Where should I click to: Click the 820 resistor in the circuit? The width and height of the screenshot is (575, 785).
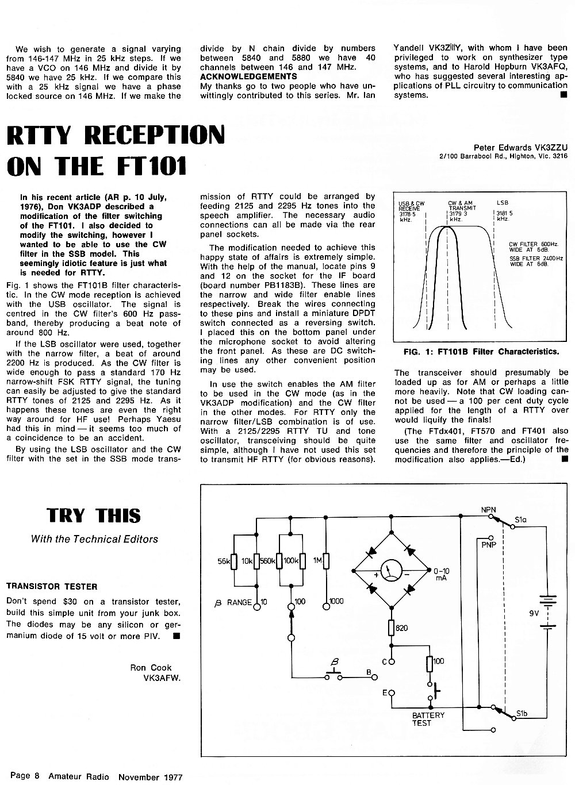391,628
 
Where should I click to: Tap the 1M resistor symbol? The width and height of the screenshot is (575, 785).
326,561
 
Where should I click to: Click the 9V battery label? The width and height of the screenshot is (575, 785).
534,614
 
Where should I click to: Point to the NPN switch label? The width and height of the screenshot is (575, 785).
488,510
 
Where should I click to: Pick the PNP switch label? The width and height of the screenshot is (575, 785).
489,545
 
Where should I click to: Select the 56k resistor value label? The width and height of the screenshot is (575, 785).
223,561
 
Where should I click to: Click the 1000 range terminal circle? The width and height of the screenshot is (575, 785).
326,607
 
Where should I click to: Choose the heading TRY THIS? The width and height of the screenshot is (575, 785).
94,516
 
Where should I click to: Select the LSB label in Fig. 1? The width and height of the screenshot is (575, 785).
503,202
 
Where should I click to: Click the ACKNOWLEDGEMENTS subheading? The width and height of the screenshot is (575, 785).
248,76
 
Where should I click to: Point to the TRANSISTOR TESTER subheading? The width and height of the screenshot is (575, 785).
52,587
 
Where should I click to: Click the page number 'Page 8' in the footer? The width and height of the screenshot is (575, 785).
25,775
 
